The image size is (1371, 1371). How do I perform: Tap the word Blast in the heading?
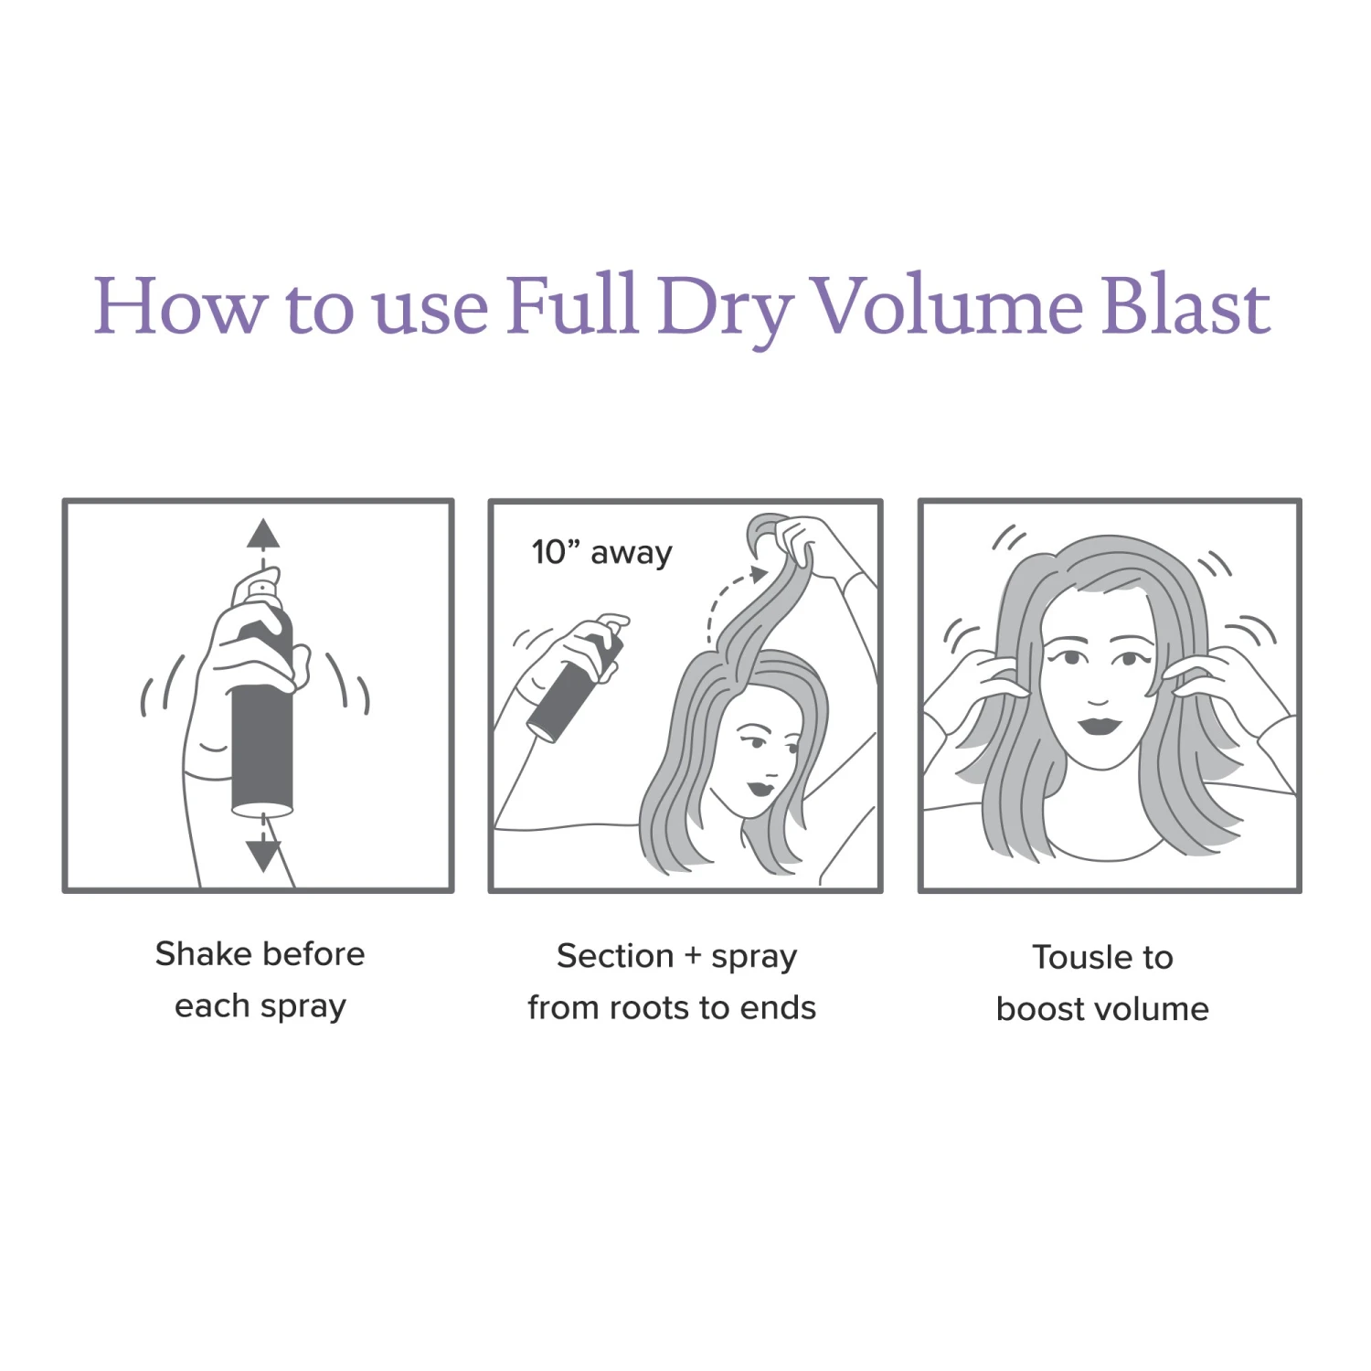coord(1185,304)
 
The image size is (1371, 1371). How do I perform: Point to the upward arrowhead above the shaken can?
coord(263,533)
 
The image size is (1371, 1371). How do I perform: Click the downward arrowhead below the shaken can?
coord(263,856)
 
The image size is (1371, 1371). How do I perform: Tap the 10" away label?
coord(602,552)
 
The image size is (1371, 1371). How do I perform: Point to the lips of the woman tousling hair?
coord(1100,725)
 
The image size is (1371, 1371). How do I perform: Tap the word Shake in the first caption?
coord(197,954)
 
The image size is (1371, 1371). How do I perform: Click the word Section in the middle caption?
coord(615,956)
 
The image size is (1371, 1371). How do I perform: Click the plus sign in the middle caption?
coord(693,957)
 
